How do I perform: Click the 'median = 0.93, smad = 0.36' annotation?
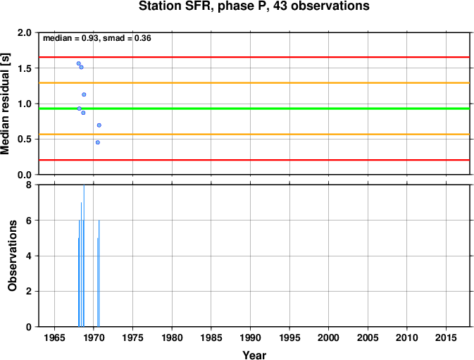coord(97,38)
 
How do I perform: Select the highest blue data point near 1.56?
coord(79,63)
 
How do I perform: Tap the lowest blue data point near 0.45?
coord(98,142)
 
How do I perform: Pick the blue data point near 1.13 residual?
coord(84,94)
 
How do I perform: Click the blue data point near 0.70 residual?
coord(99,125)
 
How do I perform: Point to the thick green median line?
coord(254,108)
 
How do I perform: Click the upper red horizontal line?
coord(254,57)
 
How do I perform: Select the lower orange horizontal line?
coord(254,134)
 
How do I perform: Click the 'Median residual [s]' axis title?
coord(6,104)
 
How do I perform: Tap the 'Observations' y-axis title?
coord(13,256)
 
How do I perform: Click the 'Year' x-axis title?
coord(254,355)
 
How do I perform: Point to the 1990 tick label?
coord(250,337)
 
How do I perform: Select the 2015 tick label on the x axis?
coord(447,337)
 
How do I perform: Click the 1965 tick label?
coord(54,337)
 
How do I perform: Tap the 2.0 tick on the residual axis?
coord(25,32)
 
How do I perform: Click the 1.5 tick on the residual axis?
coord(25,68)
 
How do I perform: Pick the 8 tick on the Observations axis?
coord(29,185)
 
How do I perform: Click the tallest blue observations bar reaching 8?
coord(84,256)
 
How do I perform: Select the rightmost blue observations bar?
coord(99,273)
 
